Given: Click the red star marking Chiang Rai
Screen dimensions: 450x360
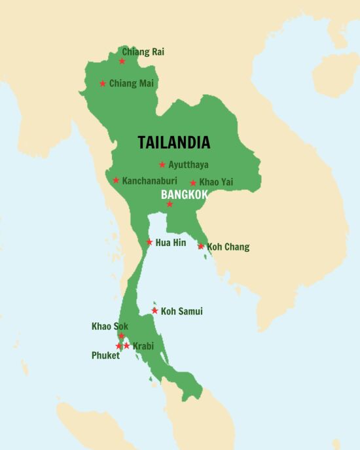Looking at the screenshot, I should pos(122,61).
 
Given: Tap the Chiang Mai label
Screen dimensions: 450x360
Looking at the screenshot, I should pos(131,83).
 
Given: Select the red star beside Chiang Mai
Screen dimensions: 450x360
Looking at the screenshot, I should pos(103,83).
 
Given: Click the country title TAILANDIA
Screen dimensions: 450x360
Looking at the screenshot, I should pos(173,142).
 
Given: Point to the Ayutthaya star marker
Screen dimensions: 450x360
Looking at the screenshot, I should pos(162,165).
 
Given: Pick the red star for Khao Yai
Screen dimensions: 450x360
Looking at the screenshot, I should pos(193,183).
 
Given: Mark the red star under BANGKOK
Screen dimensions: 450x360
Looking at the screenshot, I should pos(170,204).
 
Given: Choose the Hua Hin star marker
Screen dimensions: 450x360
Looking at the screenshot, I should pos(150,242).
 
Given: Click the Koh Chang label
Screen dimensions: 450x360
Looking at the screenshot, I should pos(228,247).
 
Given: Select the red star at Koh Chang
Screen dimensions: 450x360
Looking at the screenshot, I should pos(201,246).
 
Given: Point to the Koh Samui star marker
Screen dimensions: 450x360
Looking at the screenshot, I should pos(155,311).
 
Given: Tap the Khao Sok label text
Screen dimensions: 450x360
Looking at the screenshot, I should pos(109,326).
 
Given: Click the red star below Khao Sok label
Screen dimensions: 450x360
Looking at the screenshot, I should pos(121,336).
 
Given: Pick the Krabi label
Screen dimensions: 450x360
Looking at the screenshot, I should pos(143,346).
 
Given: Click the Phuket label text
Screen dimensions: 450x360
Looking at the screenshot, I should pos(105,356).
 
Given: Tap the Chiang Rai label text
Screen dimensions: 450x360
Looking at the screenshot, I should pos(143,52).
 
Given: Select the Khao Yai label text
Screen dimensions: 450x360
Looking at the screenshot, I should pos(216,182).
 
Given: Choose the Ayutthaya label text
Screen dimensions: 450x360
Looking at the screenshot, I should pos(189,165).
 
